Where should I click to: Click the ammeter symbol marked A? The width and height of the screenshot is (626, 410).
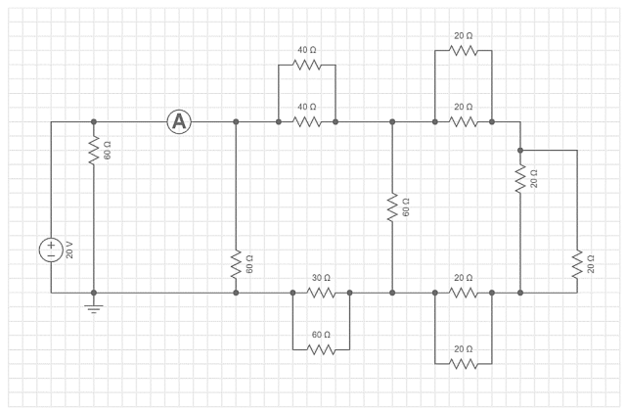pyautogui.click(x=178, y=121)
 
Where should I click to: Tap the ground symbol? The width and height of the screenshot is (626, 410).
pyautogui.click(x=94, y=308)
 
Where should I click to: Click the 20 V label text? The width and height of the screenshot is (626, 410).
pyautogui.click(x=69, y=250)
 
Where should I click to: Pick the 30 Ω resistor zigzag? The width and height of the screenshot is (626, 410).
pyautogui.click(x=321, y=293)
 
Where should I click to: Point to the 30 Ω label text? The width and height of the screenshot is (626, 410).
pyautogui.click(x=321, y=278)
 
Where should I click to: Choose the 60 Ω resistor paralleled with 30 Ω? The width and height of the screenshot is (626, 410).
pyautogui.click(x=321, y=349)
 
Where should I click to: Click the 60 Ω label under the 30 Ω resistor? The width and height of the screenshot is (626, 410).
pyautogui.click(x=321, y=335)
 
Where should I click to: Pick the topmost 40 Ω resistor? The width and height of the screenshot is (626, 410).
pyautogui.click(x=307, y=65)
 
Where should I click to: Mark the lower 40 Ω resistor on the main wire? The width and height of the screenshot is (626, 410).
pyautogui.click(x=307, y=122)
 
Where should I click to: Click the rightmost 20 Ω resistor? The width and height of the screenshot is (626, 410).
pyautogui.click(x=578, y=263)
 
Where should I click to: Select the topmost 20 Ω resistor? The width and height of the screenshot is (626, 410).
pyautogui.click(x=464, y=51)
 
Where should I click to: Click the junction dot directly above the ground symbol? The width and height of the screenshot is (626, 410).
pyautogui.click(x=94, y=293)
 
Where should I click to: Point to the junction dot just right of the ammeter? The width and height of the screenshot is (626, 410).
pyautogui.click(x=236, y=122)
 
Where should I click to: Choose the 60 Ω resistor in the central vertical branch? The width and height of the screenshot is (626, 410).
pyautogui.click(x=392, y=206)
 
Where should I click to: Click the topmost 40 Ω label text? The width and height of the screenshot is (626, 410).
pyautogui.click(x=307, y=49)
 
